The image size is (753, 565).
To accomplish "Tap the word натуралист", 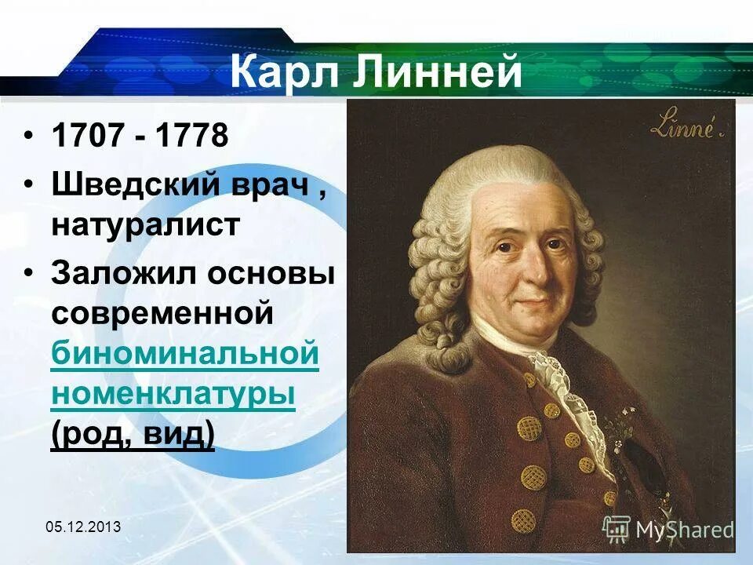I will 145,224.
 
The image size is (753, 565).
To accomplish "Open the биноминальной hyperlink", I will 184,355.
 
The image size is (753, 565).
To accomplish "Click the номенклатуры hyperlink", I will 173,394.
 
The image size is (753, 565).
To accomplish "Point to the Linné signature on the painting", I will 681,126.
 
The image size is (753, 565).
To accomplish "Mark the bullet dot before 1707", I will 28,136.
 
